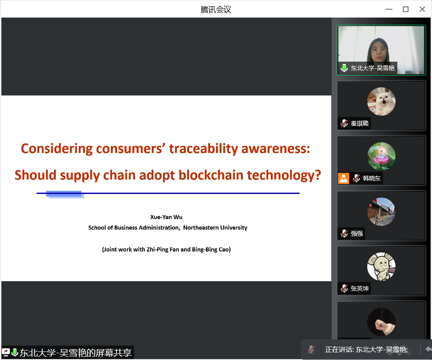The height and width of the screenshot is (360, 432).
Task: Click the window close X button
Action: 422,9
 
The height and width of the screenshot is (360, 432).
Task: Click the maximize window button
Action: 405,9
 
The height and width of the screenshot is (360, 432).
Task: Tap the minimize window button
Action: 389,9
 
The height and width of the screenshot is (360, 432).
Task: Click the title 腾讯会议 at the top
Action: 216,9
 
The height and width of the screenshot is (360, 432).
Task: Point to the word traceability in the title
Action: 203,148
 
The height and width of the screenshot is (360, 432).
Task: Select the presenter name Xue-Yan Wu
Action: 166,217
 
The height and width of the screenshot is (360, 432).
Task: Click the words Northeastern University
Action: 215,228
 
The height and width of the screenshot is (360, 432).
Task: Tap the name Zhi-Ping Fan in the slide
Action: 162,250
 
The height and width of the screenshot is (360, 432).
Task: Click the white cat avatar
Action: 381,101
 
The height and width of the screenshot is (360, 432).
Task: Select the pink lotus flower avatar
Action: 381,157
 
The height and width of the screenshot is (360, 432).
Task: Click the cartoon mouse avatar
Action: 381,267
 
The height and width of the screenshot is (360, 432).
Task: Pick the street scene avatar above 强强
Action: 381,211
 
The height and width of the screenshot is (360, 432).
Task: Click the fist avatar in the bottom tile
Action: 381,322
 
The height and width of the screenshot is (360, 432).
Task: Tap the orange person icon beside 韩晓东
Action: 343,178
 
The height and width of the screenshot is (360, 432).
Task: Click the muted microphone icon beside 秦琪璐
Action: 344,123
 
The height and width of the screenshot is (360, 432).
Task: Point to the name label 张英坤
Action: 360,288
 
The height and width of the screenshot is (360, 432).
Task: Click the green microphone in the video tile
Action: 344,68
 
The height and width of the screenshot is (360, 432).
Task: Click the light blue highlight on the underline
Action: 65,194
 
